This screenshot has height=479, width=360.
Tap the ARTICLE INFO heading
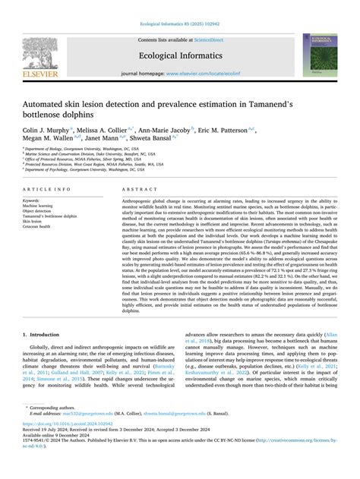[x=47, y=189]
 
